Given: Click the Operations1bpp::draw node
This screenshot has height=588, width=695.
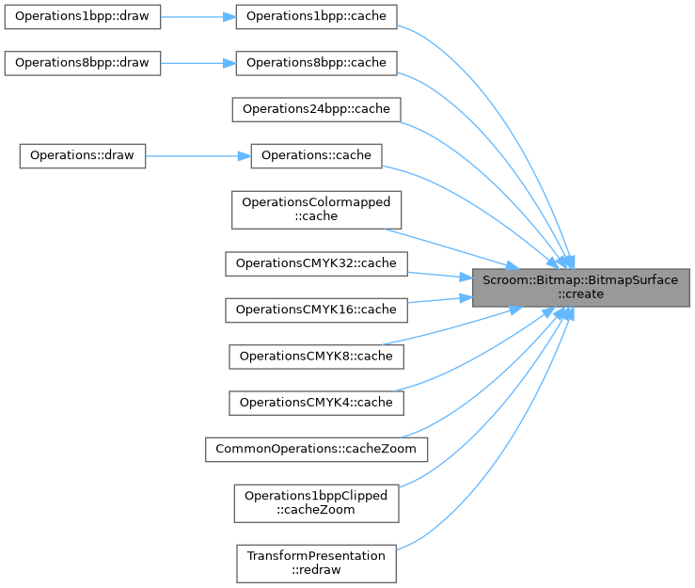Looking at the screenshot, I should [x=83, y=17].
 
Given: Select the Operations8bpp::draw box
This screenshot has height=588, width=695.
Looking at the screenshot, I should [x=83, y=63].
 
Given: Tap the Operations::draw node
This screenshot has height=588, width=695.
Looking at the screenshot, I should [x=83, y=155].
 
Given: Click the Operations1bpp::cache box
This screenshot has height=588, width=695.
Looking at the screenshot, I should [x=316, y=17].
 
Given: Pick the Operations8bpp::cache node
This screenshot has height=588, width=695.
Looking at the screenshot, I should [x=316, y=63].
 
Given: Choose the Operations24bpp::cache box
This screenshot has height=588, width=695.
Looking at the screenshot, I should [x=316, y=109].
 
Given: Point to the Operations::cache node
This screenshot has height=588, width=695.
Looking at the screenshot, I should [x=316, y=155].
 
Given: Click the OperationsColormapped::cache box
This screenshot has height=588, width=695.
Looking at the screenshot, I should [x=316, y=209].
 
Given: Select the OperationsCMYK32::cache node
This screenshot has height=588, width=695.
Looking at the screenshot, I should [x=316, y=262].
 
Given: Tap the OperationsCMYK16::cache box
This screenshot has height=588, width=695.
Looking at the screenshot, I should [x=316, y=309].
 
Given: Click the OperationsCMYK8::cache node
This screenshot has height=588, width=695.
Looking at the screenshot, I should [x=316, y=356].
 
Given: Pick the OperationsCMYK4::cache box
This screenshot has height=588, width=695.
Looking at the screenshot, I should [x=316, y=403].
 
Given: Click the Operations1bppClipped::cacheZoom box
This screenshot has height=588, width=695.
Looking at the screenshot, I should [x=316, y=502].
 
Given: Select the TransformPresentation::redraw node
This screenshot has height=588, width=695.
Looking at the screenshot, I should [x=316, y=563].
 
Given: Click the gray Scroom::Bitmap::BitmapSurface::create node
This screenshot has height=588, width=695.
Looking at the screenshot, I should [x=580, y=287].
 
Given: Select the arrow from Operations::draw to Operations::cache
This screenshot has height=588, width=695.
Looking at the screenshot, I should [x=197, y=155].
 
